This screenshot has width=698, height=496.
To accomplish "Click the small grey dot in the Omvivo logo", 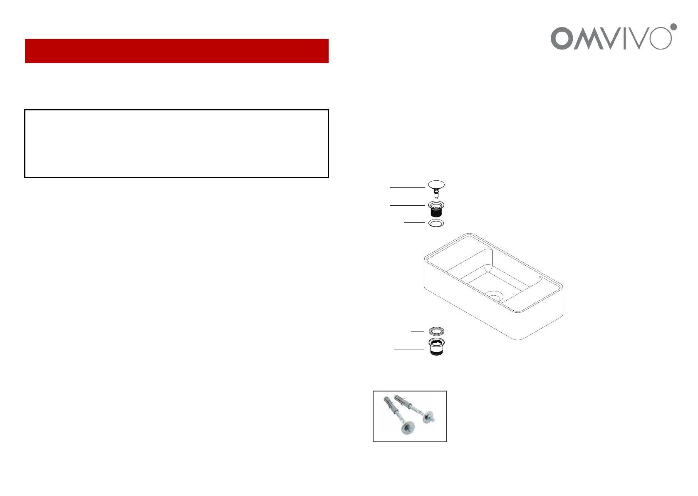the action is (x=673, y=27).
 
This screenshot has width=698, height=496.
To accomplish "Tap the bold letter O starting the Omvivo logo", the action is (x=562, y=39).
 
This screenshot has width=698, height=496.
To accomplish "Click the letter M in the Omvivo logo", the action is (x=587, y=39).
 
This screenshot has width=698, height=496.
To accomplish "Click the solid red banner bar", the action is (x=176, y=51).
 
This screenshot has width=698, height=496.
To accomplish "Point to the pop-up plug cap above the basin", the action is (x=436, y=184).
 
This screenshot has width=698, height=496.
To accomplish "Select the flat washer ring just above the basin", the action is (x=436, y=223).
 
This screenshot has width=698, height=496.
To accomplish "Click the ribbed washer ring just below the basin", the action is (x=436, y=331).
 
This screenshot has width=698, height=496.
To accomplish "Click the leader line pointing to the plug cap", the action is (x=407, y=188).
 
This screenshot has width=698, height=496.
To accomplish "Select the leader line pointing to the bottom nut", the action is (x=409, y=349).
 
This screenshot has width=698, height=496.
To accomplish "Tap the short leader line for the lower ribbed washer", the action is (x=417, y=331).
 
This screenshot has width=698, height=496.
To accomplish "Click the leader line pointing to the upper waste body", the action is (x=407, y=205).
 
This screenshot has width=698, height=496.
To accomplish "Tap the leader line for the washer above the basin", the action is (x=414, y=223).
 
